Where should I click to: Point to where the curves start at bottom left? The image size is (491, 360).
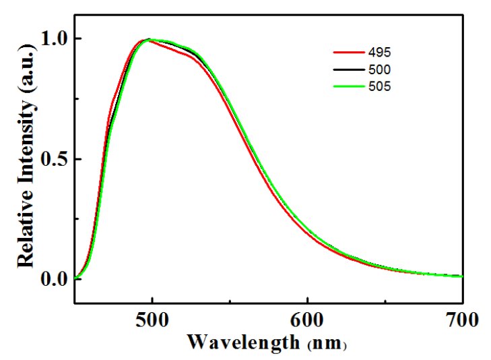(76, 278)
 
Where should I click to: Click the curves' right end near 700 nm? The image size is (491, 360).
(461, 276)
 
